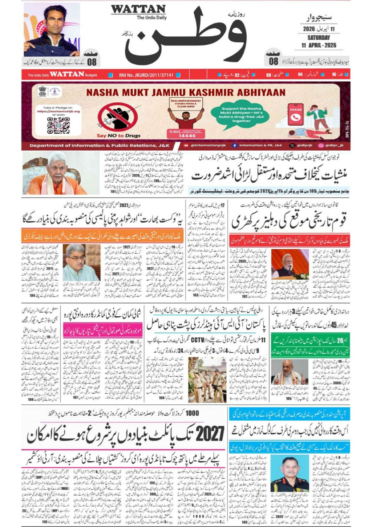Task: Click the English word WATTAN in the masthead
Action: pos(138,9)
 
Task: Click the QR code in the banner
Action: pos(58,125)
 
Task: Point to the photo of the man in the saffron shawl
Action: pos(55,173)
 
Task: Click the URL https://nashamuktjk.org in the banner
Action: pos(58,111)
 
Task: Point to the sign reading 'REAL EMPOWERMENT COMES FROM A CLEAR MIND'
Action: pos(185,103)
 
